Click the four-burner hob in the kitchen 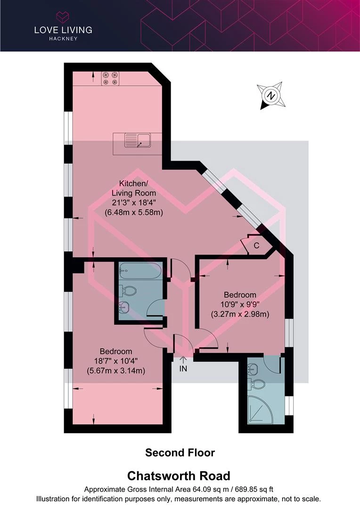(111, 78)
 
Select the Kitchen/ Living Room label (133, 188)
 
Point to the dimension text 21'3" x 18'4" (134, 203)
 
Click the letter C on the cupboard (256, 245)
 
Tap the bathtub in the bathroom (140, 271)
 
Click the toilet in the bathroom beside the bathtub (128, 291)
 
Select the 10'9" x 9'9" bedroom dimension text (240, 304)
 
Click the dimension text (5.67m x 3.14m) (116, 370)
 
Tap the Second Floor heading (180, 453)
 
